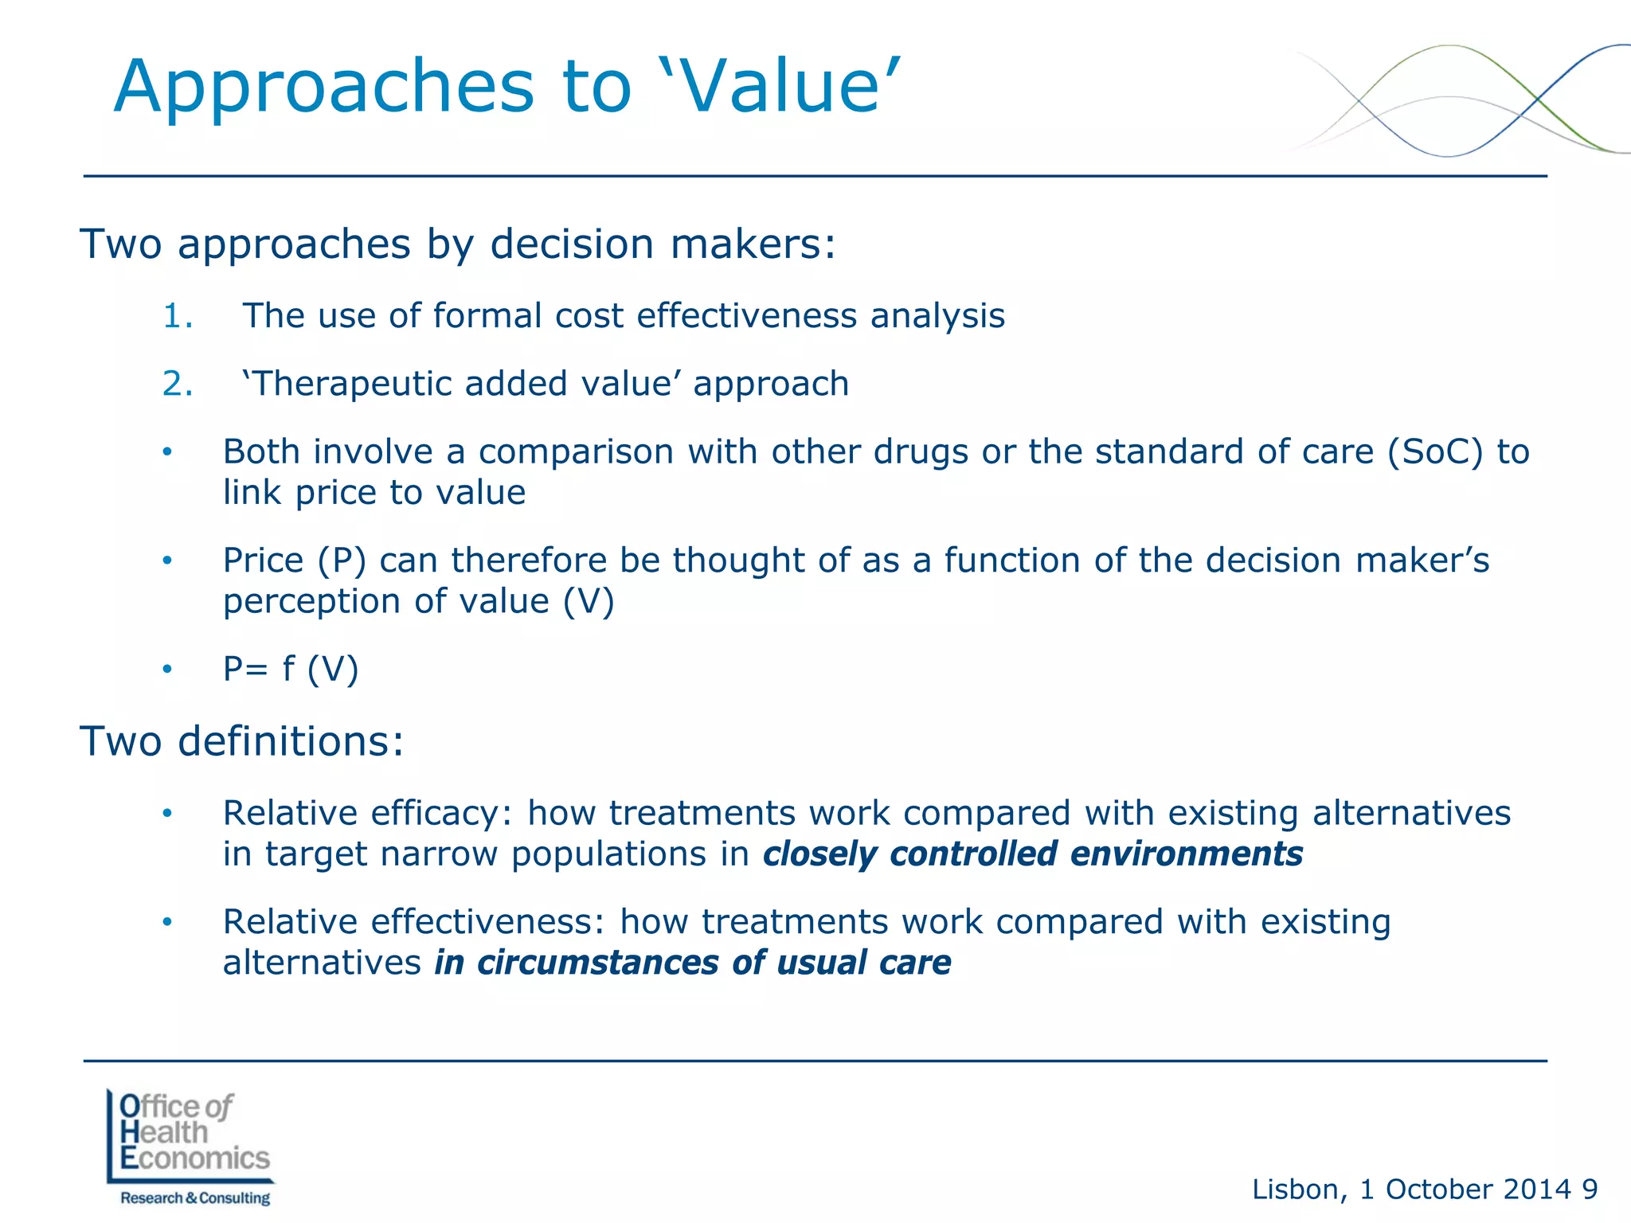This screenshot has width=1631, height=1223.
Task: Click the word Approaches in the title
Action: tap(324, 89)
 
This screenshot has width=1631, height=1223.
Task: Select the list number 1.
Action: tap(177, 316)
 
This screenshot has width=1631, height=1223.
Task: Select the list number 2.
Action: tap(177, 384)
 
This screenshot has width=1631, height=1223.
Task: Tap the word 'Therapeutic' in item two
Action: tap(350, 385)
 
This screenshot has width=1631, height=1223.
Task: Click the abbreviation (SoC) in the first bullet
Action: tap(1435, 451)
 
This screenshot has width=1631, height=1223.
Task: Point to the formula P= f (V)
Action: tap(291, 669)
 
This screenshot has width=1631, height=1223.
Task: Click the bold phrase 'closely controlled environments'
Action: tap(1032, 854)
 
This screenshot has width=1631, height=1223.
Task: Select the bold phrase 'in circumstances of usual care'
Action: tap(692, 963)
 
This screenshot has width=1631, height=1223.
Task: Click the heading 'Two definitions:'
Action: tap(242, 741)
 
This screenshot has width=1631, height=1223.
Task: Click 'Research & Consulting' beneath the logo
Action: tap(195, 1198)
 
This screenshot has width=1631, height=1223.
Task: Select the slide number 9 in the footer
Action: tap(1590, 1190)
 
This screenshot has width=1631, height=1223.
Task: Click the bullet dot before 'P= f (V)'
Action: tap(167, 670)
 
